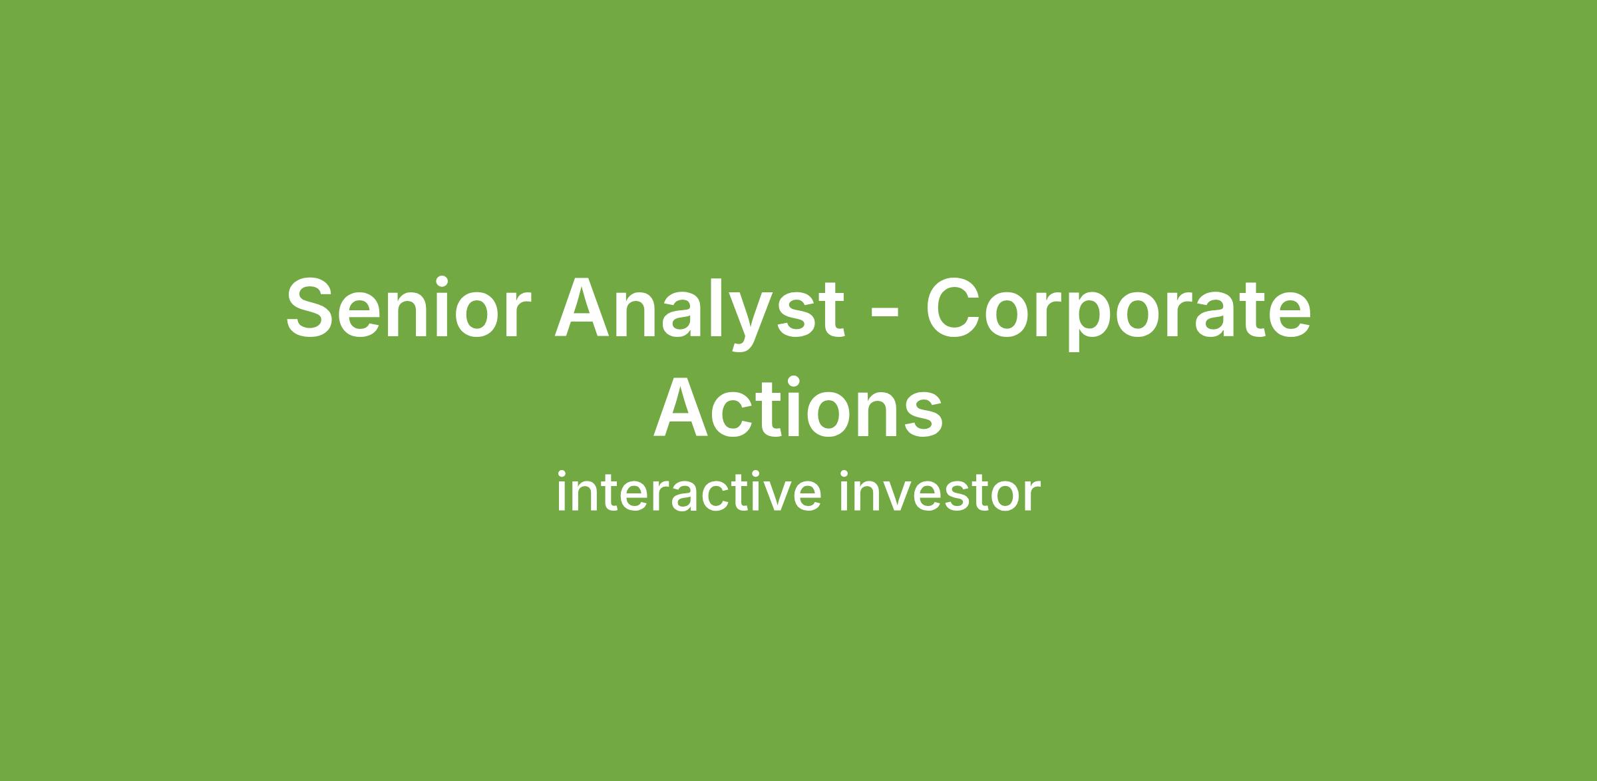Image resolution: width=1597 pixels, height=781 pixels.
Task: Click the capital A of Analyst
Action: pyautogui.click(x=586, y=308)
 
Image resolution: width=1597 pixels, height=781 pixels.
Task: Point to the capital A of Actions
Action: pyautogui.click(x=685, y=407)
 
